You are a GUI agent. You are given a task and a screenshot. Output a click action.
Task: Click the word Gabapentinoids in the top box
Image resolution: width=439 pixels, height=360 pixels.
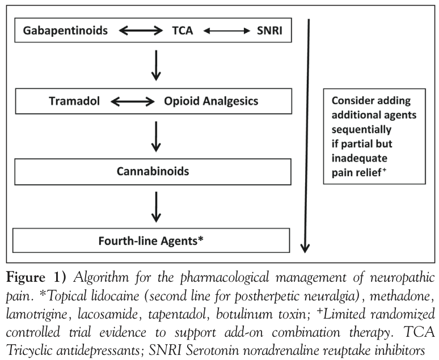click(65, 31)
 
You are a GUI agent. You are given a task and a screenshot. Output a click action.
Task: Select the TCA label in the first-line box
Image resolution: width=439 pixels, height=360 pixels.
click(183, 31)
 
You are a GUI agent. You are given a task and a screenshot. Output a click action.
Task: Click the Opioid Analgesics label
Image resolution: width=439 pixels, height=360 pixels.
click(211, 101)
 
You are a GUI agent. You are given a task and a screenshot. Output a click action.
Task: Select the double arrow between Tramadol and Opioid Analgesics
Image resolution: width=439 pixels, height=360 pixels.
click(133, 101)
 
